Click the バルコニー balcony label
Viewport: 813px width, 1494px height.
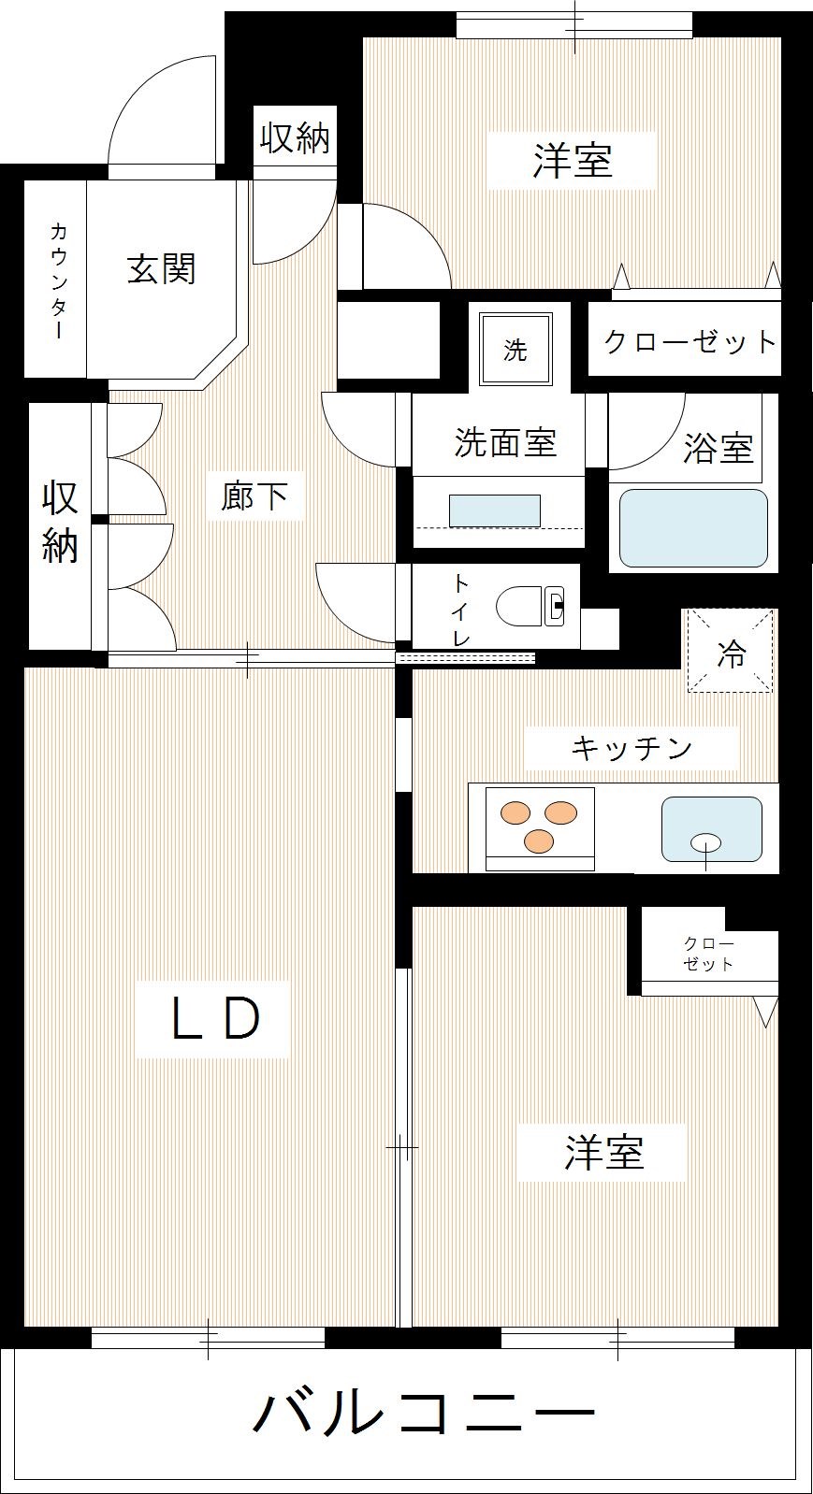pyautogui.click(x=423, y=1412)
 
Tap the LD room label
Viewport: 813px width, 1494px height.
pyautogui.click(x=213, y=1019)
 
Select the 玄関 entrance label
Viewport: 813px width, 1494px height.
pyautogui.click(x=161, y=269)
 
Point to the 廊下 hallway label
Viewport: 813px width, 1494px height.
pyautogui.click(x=254, y=496)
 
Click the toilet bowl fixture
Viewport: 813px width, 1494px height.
pyautogui.click(x=529, y=606)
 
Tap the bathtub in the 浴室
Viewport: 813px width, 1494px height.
pyautogui.click(x=693, y=527)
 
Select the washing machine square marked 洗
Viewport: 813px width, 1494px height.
pyautogui.click(x=515, y=350)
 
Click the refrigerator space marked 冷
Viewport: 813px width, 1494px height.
pyautogui.click(x=731, y=652)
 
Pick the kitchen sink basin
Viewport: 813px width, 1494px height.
pyautogui.click(x=711, y=829)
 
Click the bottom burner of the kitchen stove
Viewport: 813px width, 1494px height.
pyautogui.click(x=538, y=840)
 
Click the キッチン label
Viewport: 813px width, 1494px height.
pyautogui.click(x=631, y=748)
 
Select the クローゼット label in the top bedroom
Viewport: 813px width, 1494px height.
pyautogui.click(x=690, y=341)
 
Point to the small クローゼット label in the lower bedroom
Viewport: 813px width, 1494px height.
pyautogui.click(x=708, y=954)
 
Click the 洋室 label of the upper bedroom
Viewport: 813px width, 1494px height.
pyautogui.click(x=573, y=161)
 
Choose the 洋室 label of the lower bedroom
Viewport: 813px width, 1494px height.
pyautogui.click(x=604, y=1152)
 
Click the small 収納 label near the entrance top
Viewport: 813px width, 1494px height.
pyautogui.click(x=295, y=138)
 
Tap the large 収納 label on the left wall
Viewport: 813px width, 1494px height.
pyautogui.click(x=60, y=522)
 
